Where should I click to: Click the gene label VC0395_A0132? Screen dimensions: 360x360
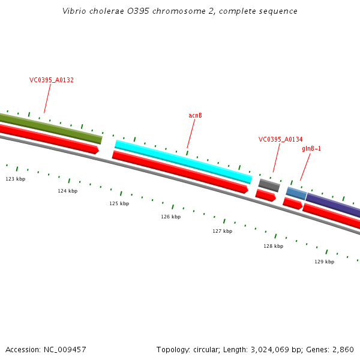click(52, 80)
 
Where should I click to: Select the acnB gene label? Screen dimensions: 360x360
click(195, 115)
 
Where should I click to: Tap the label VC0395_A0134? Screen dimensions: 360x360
click(280, 139)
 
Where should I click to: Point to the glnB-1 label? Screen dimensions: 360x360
click(311, 148)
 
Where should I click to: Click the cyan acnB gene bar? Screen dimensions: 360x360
click(183, 161)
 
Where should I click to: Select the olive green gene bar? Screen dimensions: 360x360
click(51, 126)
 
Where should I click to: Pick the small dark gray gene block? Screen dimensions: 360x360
click(269, 185)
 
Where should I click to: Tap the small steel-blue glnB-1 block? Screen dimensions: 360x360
click(296, 193)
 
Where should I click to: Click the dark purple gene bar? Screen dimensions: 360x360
click(334, 205)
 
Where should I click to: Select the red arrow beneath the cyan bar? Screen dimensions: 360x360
click(180, 172)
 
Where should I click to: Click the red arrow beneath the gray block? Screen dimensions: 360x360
click(265, 196)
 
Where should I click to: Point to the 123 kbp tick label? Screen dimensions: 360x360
click(16, 179)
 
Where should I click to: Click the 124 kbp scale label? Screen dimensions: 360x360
click(67, 191)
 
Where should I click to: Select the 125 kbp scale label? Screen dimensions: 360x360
click(119, 203)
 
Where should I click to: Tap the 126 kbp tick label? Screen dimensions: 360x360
click(170, 217)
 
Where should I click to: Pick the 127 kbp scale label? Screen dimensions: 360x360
click(222, 231)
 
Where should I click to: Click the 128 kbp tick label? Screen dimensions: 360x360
click(273, 246)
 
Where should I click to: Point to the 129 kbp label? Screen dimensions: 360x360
click(324, 262)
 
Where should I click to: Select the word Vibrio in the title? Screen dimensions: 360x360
click(73, 11)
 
